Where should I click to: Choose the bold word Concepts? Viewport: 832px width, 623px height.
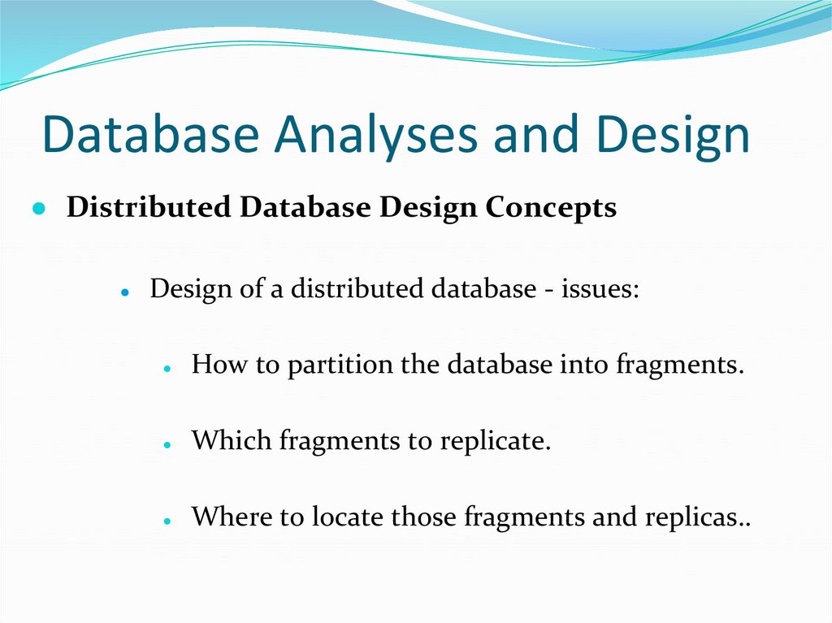[x=551, y=208]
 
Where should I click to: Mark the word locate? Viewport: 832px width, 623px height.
[x=347, y=517]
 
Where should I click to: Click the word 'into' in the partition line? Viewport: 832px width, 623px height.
[x=585, y=365]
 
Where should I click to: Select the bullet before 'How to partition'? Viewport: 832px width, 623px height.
[x=167, y=367]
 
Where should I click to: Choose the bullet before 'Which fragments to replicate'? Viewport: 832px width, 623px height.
[x=167, y=443]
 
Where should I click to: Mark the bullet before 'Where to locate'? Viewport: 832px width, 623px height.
[x=167, y=519]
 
